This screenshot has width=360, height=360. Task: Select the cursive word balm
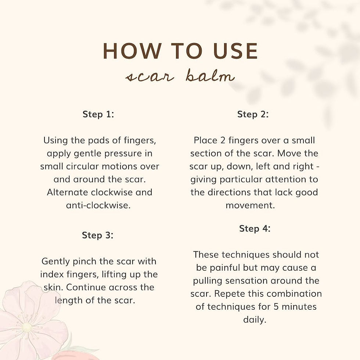pyautogui.click(x=210, y=76)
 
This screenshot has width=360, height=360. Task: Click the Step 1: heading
pyautogui.click(x=98, y=114)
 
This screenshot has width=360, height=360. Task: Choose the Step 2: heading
pyautogui.click(x=253, y=114)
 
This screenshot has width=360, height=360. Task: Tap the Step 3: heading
pyautogui.click(x=98, y=235)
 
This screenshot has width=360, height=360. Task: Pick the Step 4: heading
pyautogui.click(x=255, y=228)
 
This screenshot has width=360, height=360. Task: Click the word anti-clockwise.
pyautogui.click(x=98, y=205)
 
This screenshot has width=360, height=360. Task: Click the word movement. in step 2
pyautogui.click(x=250, y=205)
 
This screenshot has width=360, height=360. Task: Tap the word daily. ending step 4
pyautogui.click(x=255, y=320)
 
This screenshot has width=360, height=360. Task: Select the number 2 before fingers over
pyautogui.click(x=223, y=140)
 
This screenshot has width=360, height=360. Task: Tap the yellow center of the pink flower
pyautogui.click(x=26, y=327)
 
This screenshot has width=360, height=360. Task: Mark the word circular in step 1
pyautogui.click(x=82, y=166)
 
